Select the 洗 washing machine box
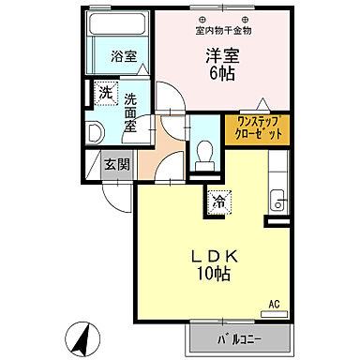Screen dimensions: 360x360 (x=105, y=93)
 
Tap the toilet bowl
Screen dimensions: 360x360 (x=203, y=153)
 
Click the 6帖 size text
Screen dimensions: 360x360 (x=223, y=74)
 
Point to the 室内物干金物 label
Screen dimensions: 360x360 (x=223, y=30)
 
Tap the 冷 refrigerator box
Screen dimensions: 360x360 (x=217, y=199)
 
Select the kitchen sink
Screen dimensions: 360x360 (x=277, y=199)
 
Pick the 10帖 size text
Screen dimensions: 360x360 (x=216, y=274)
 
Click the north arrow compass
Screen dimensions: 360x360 (x=80, y=334)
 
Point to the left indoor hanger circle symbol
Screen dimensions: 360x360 (x=202, y=19)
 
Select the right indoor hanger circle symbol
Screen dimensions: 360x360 (x=246, y=19)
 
